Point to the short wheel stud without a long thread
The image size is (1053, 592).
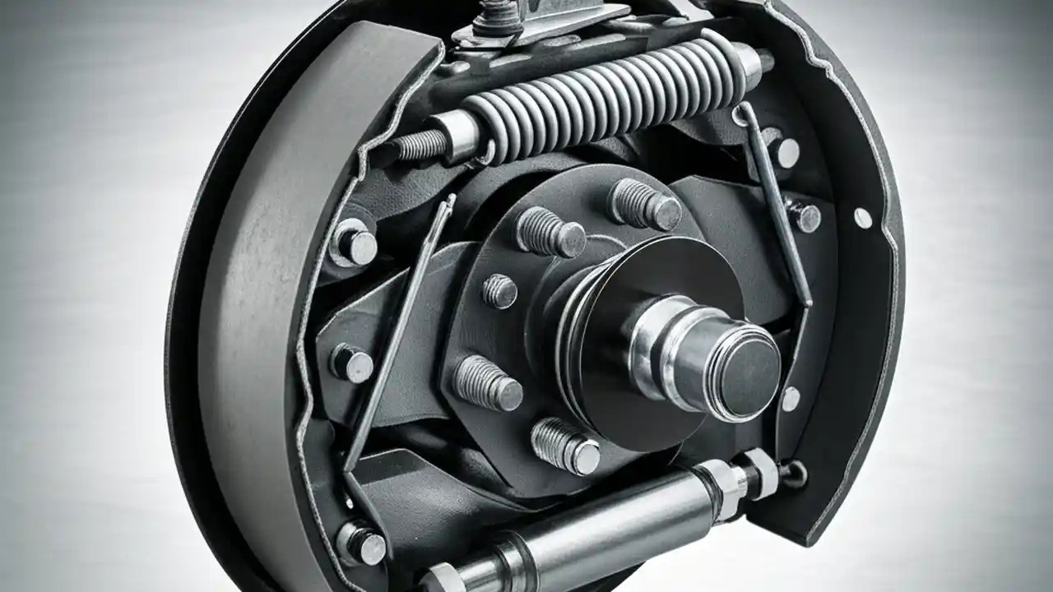[499, 291]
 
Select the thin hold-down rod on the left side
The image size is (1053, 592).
[400, 329]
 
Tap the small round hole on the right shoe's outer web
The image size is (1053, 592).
[862, 218]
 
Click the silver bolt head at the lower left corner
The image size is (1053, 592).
[362, 543]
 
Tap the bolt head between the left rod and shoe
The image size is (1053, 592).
[352, 363]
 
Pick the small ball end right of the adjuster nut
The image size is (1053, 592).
[796, 471]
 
